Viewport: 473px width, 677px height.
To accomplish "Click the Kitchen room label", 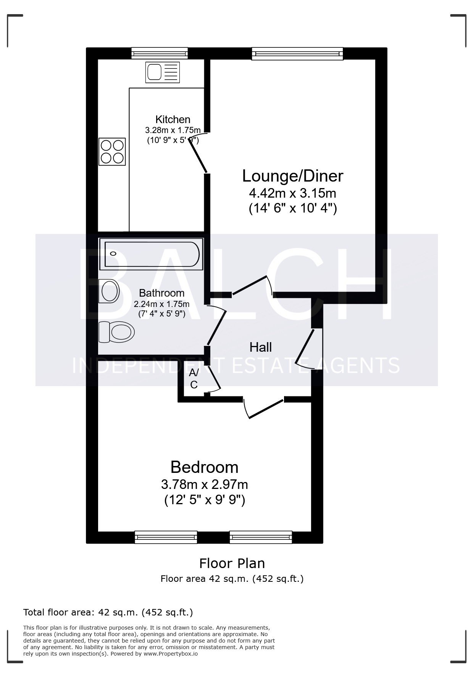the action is tap(173, 119).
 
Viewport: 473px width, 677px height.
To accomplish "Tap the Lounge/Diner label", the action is tap(293, 176).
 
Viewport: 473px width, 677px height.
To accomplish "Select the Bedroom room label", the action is tap(204, 467).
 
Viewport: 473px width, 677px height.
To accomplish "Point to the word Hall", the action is tap(261, 347).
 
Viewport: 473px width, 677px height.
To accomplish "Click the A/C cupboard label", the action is tap(194, 378).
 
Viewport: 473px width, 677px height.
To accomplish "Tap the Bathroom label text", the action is tap(161, 293).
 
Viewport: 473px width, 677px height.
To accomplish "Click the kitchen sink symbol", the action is tap(162, 72).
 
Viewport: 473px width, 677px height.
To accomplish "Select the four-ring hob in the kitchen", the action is tap(112, 151).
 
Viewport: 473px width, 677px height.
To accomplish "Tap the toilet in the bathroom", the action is tap(116, 332).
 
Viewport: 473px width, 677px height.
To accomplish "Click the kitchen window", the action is tap(160, 53).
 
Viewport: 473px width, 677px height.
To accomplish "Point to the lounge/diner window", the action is tap(297, 54).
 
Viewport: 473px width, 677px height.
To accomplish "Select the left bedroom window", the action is tap(166, 537).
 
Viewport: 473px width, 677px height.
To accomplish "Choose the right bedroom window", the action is tap(261, 537).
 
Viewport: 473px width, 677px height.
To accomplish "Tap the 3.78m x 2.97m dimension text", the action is tap(204, 484).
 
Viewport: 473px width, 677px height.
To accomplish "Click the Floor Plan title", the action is tap(232, 563).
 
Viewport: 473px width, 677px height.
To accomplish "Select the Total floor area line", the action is tap(108, 612).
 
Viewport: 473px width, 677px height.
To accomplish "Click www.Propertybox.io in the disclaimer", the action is tap(171, 654).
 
